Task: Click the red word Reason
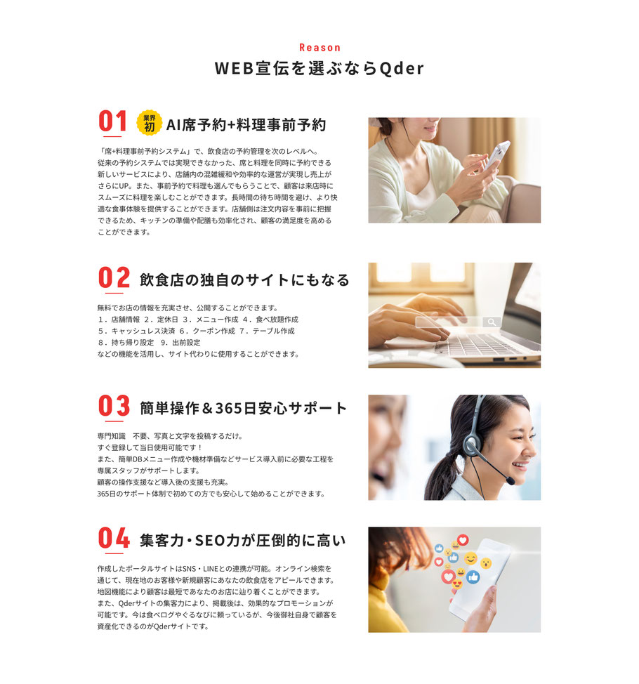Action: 319,48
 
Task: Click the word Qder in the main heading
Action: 401,68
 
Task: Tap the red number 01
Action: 112,121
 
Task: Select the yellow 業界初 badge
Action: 149,123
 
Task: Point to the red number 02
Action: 114,277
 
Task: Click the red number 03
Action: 114,406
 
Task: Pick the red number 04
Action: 114,538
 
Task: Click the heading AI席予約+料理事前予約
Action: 246,125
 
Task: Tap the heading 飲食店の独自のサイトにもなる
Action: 244,280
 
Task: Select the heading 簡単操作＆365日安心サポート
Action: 244,408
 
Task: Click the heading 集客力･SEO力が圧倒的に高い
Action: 242,541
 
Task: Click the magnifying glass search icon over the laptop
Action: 492,322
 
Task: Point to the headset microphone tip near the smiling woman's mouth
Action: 510,481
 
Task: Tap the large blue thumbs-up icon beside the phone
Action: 473,577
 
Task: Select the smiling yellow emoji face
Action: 470,558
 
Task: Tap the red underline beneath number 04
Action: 114,553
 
